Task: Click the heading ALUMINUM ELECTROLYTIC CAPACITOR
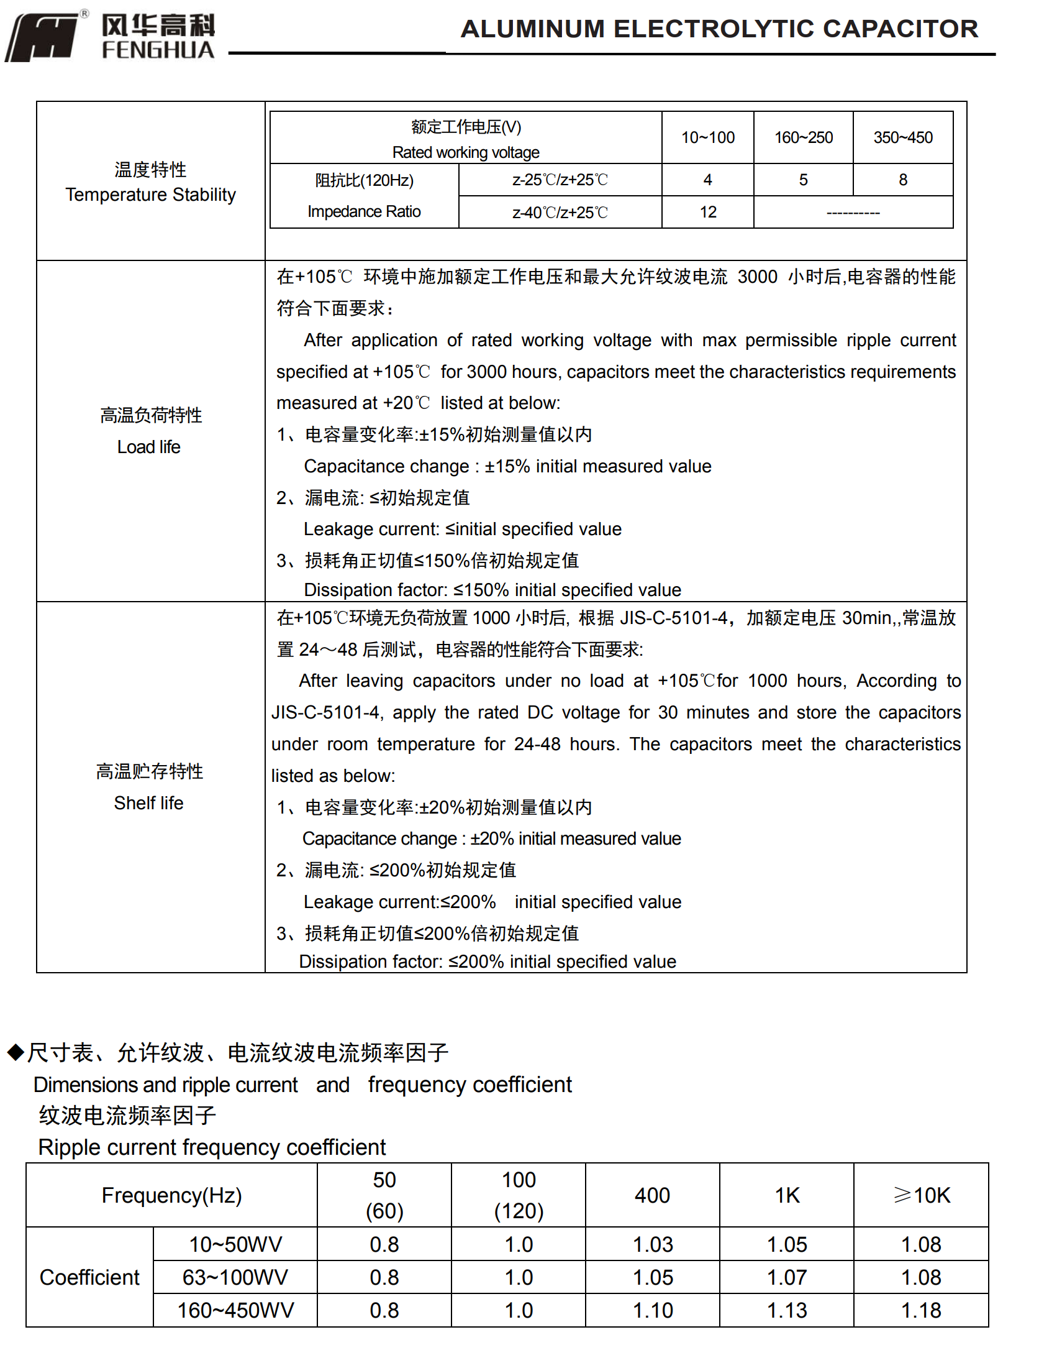[719, 29]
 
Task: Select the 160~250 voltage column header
[803, 138]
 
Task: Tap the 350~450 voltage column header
[902, 138]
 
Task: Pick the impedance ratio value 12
[707, 213]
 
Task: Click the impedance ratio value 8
[902, 180]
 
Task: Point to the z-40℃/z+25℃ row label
[560, 213]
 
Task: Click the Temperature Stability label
[150, 195]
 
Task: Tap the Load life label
[148, 447]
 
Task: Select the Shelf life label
[148, 803]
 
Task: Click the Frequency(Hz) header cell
[171, 1195]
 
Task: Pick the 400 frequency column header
[652, 1195]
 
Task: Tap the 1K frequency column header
[787, 1195]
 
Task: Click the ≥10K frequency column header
[922, 1195]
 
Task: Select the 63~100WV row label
[235, 1277]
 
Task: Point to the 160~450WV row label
[235, 1310]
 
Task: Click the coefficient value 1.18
[921, 1310]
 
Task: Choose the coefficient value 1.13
[787, 1310]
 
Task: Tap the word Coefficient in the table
[89, 1277]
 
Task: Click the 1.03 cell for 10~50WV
[652, 1244]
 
